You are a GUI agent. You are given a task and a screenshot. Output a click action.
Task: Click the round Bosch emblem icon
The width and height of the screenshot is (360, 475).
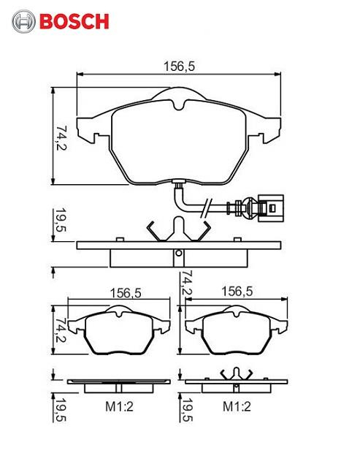[23, 21]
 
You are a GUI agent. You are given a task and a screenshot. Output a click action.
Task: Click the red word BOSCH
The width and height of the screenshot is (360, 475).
[74, 21]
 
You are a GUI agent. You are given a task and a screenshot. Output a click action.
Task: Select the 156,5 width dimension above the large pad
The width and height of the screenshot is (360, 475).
[179, 66]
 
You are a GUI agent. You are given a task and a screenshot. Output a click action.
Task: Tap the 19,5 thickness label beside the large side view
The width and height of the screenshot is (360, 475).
[61, 219]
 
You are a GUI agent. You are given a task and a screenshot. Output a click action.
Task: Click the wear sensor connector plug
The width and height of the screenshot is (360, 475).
[270, 208]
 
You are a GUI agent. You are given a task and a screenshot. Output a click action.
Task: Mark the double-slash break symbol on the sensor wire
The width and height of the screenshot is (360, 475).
[207, 208]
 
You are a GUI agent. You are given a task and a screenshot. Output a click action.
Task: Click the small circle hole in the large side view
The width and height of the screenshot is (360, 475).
[179, 253]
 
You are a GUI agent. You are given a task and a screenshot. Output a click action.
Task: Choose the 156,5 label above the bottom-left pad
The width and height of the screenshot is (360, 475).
[126, 293]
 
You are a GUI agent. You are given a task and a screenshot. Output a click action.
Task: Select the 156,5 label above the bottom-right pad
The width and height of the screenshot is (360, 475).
[237, 292]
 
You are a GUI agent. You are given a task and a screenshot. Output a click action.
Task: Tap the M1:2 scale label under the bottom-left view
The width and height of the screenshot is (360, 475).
[119, 406]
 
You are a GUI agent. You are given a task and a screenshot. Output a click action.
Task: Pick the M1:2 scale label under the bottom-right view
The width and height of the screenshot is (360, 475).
[237, 406]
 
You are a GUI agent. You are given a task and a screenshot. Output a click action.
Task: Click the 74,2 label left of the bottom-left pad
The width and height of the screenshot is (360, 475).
[61, 330]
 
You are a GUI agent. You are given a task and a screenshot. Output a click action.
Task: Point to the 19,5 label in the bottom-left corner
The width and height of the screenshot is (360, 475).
[61, 409]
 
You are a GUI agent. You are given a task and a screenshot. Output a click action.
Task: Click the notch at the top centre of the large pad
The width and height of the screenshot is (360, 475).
[179, 104]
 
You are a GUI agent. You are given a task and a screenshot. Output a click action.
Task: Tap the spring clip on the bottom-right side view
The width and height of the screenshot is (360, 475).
[237, 374]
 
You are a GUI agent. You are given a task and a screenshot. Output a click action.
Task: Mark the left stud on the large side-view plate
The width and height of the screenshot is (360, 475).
[120, 239]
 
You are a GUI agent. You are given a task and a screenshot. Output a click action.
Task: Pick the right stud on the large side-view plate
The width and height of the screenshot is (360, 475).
[237, 239]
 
